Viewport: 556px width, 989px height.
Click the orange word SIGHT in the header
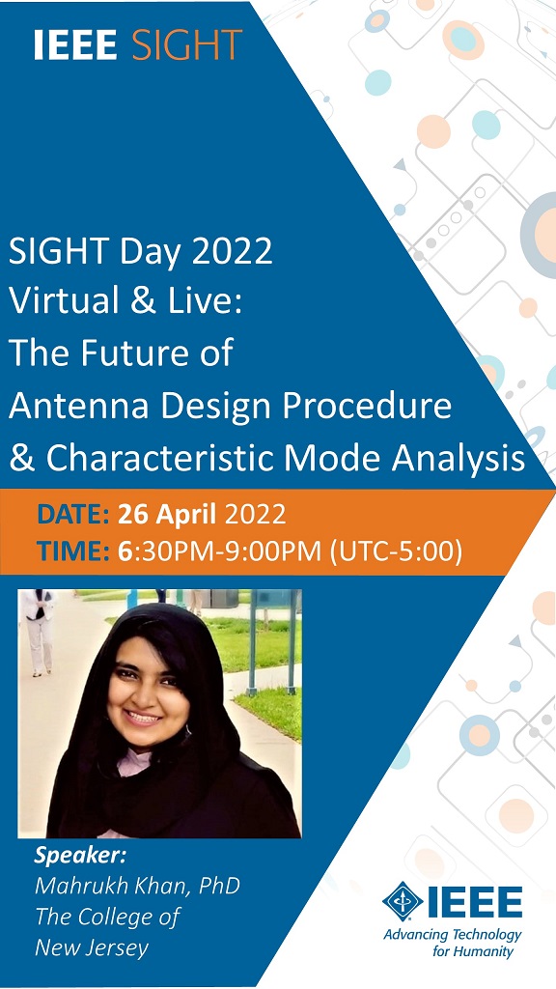pos(187,44)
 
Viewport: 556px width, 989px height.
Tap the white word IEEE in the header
pos(75,44)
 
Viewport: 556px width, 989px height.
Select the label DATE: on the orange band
pos(73,515)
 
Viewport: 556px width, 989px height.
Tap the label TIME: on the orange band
pos(73,552)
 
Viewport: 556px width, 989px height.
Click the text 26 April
pos(168,516)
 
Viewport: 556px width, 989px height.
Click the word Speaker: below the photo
pos(80,858)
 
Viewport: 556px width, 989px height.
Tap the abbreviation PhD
pos(219,886)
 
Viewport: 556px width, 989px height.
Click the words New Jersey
pos(92,948)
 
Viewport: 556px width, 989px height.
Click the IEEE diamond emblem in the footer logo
pos(403,901)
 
